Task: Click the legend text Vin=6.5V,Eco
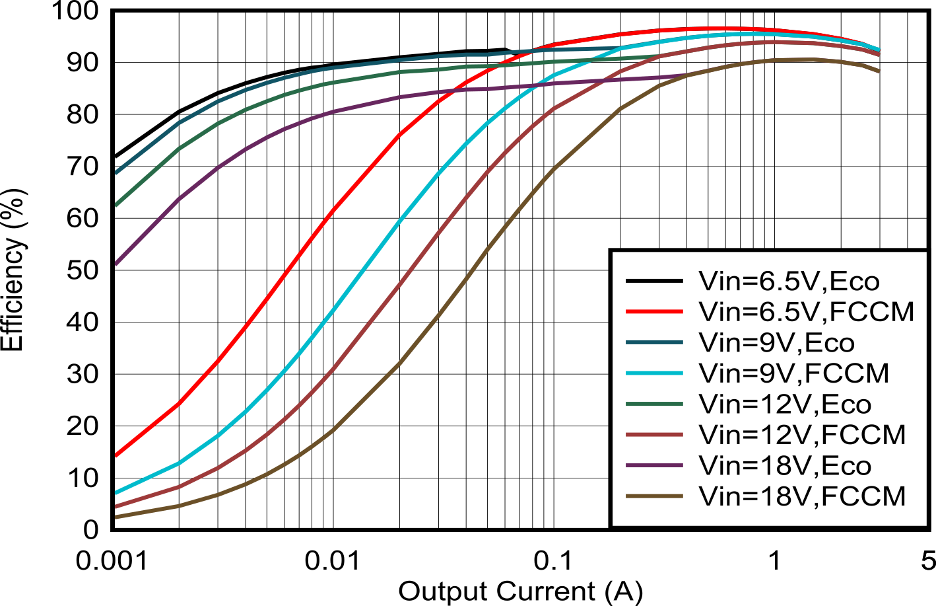789,282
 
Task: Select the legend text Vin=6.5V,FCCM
806,311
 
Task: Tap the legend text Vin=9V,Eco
776,342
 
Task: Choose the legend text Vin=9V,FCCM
793,373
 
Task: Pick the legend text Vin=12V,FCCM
802,434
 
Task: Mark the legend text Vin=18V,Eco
785,465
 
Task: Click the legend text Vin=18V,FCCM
802,496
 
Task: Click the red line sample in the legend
654,311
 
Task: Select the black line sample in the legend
654,282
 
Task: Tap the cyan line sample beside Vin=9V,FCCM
654,373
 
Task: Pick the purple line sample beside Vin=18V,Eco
654,465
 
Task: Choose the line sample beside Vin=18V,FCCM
654,496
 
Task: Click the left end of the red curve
116,455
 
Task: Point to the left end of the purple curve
116,264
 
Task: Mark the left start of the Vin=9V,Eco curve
116,172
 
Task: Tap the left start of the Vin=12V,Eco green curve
116,205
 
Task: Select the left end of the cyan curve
116,492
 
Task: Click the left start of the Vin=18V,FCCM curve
116,517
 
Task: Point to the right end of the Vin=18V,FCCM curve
879,71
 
